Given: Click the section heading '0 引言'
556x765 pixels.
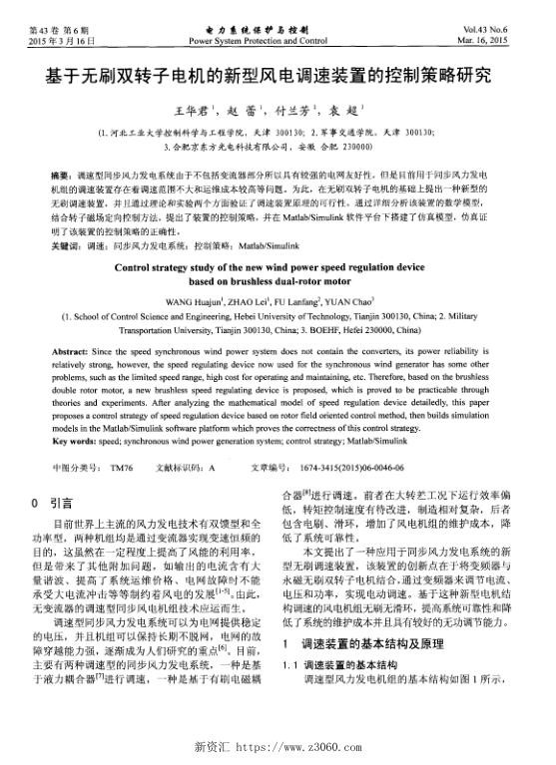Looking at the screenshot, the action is click(x=51, y=503).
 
